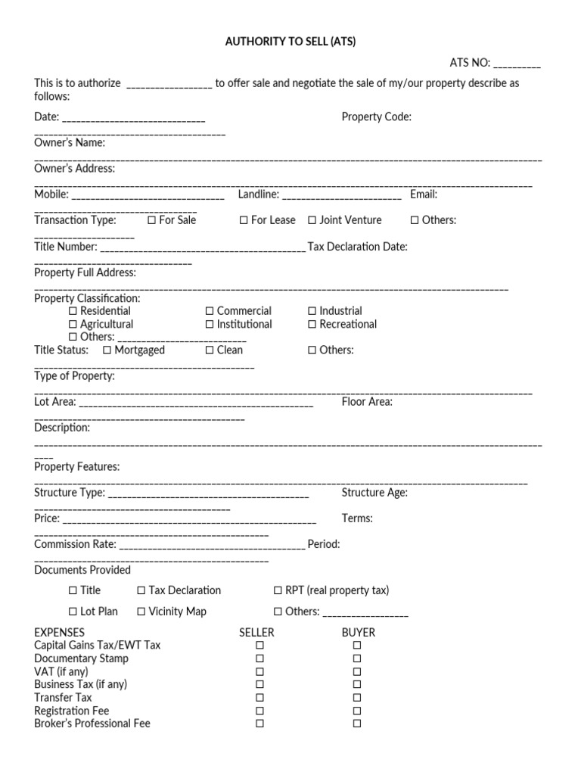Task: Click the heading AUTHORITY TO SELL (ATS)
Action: click(x=290, y=42)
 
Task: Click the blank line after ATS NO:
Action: click(x=517, y=64)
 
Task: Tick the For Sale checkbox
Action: click(x=152, y=220)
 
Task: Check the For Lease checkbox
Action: click(x=244, y=220)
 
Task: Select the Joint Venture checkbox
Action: click(x=312, y=220)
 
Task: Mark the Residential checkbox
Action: click(x=73, y=311)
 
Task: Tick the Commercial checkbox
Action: click(x=210, y=311)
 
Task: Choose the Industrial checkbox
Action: click(x=312, y=311)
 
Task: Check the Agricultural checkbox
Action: click(x=73, y=325)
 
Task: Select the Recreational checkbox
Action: click(x=312, y=325)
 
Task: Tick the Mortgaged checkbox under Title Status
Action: click(x=107, y=350)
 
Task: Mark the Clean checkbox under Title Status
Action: click(x=210, y=350)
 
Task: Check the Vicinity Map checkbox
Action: click(x=141, y=612)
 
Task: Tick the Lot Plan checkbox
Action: click(x=73, y=612)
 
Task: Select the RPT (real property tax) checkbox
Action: click(x=278, y=590)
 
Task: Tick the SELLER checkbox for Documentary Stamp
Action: click(x=259, y=658)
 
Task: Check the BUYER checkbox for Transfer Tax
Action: click(x=357, y=698)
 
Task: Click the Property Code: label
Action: click(x=376, y=117)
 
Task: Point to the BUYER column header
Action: click(x=358, y=632)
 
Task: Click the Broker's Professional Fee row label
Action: click(x=92, y=724)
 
